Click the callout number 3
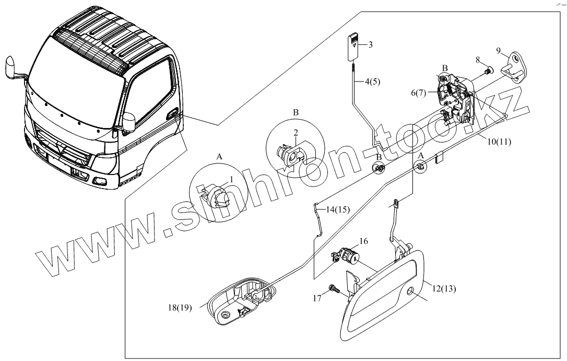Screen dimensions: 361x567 coord(370,44)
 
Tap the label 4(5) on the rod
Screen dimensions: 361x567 coord(373,81)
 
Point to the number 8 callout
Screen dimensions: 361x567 coord(477,61)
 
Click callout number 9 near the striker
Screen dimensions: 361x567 coord(499,50)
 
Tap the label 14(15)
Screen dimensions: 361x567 coord(338,209)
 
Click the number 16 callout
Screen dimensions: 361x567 coord(363,241)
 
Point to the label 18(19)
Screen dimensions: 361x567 coord(179,307)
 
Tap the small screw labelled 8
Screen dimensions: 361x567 coord(487,70)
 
